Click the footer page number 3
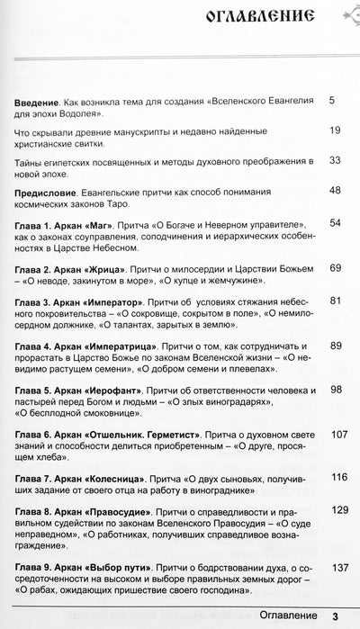[334, 616]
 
